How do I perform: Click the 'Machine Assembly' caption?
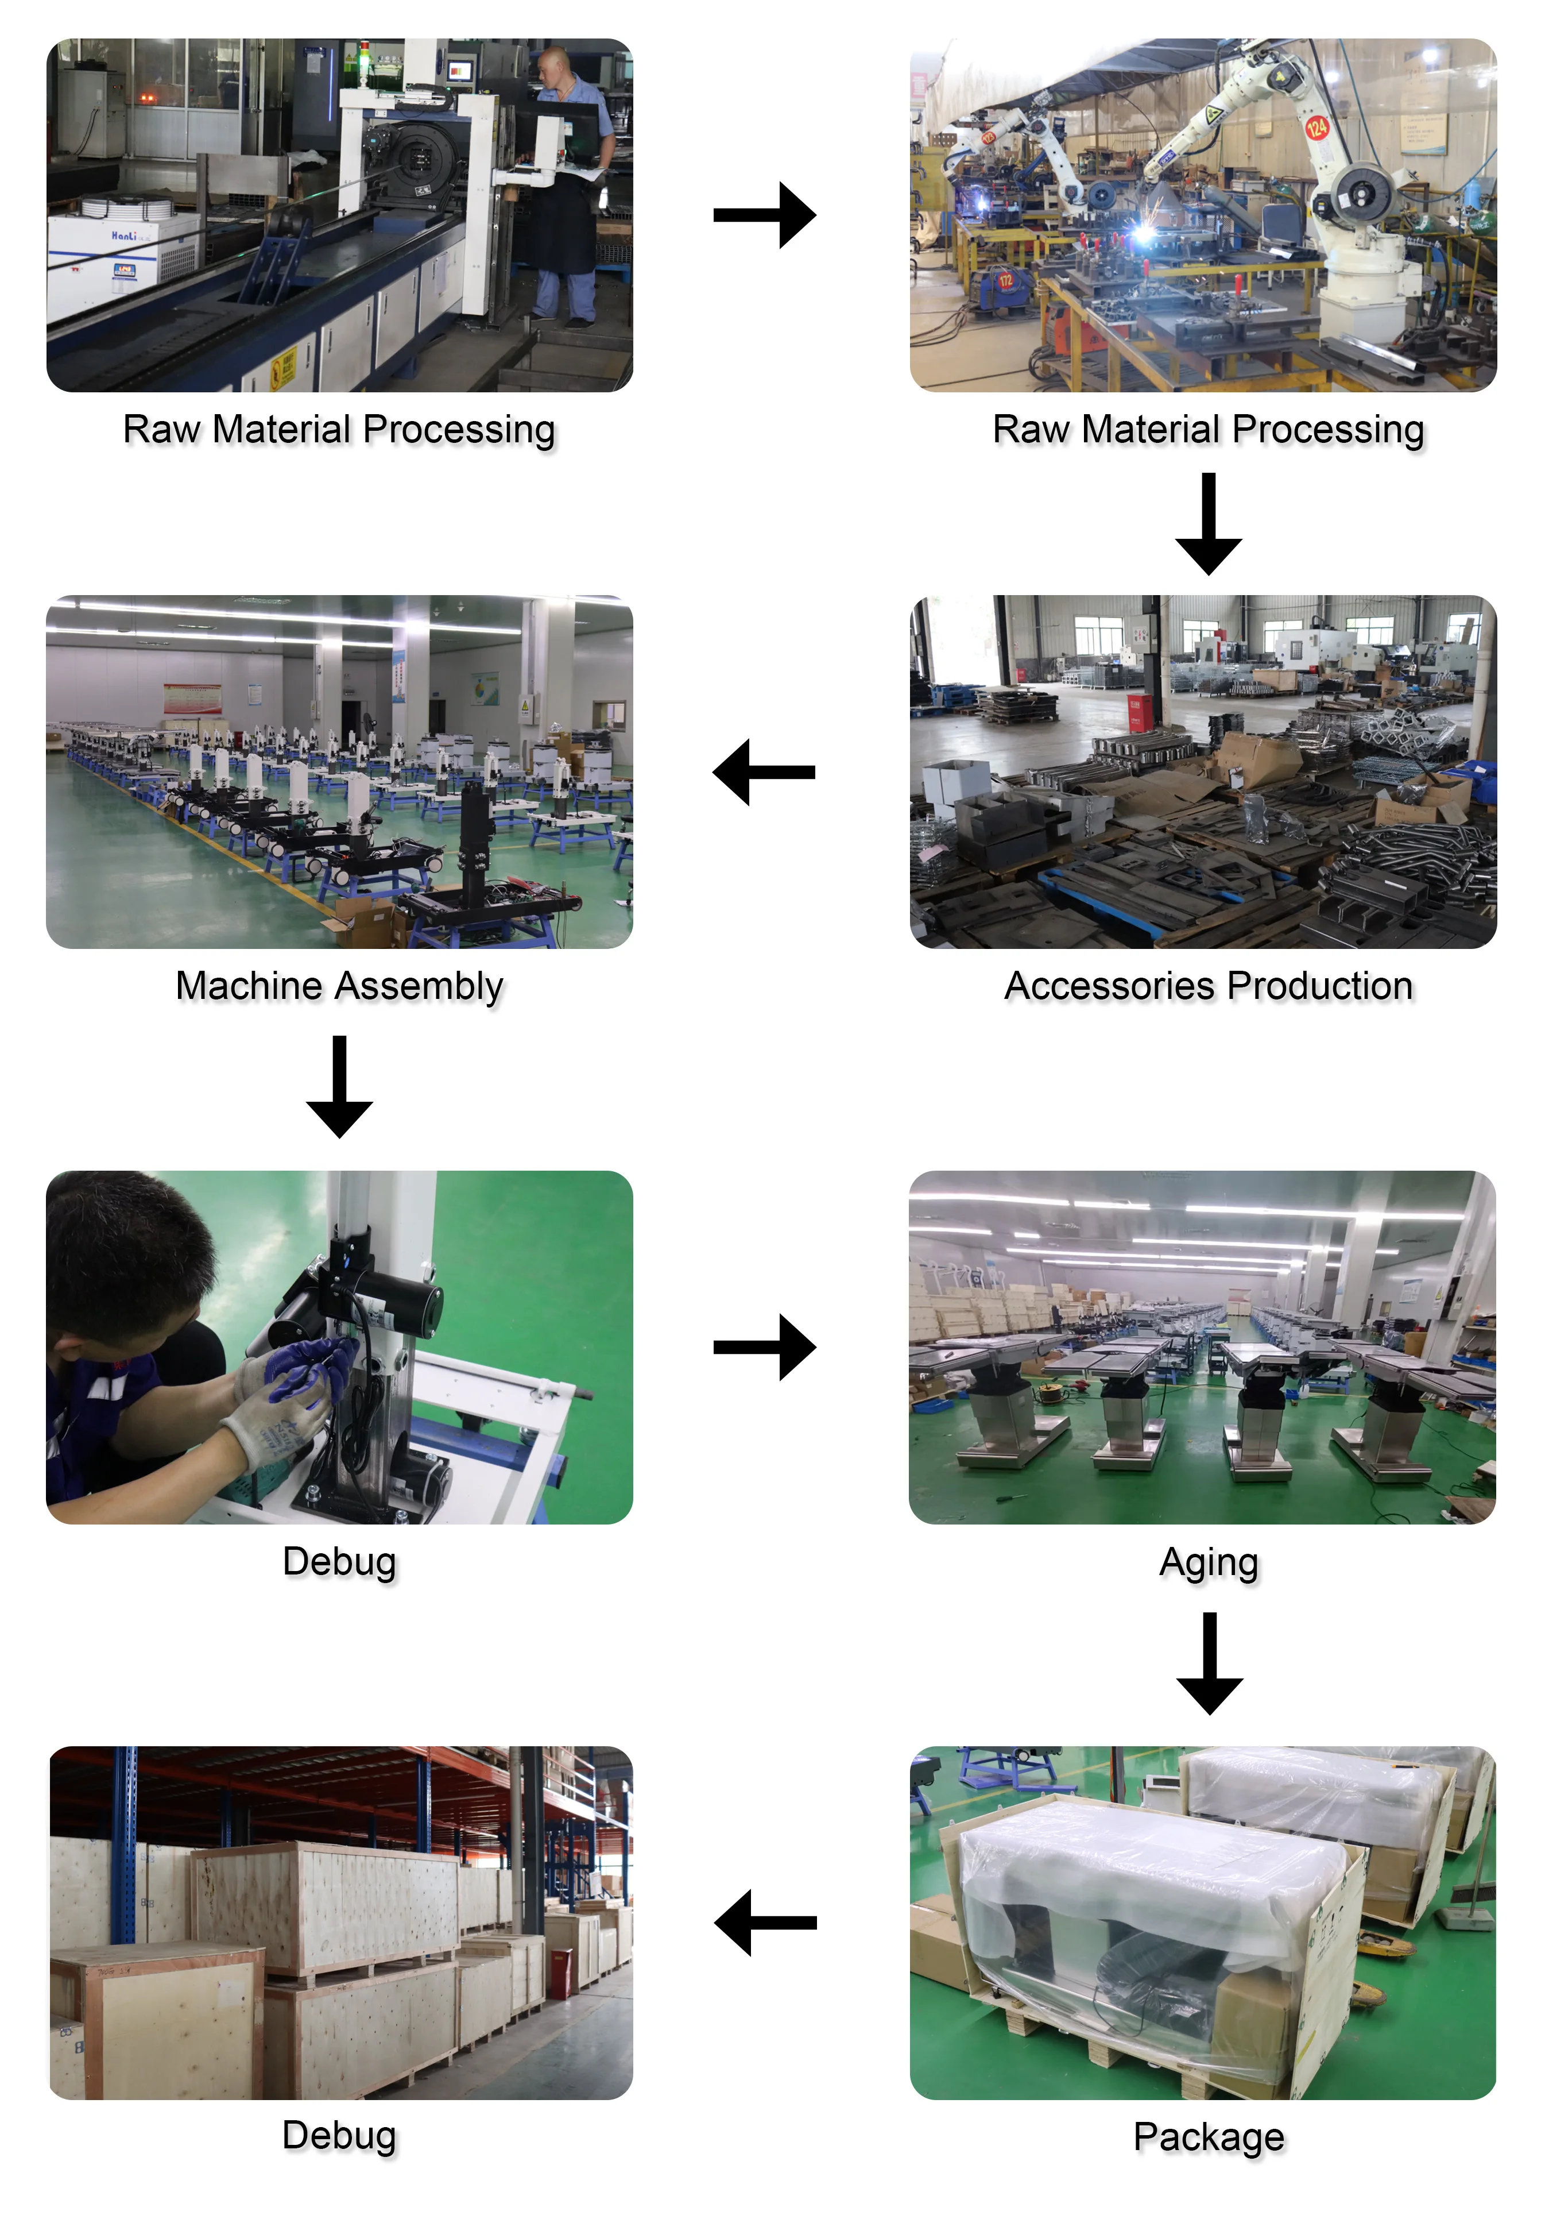pyautogui.click(x=339, y=986)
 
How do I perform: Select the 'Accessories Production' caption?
pyautogui.click(x=1208, y=986)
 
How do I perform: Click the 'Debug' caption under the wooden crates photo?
pyautogui.click(x=339, y=2135)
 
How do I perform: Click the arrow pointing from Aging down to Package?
pyautogui.click(x=1209, y=1664)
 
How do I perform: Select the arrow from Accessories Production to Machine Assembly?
pyautogui.click(x=764, y=772)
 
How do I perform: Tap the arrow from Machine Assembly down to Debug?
pyautogui.click(x=339, y=1086)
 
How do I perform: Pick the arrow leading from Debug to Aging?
pyautogui.click(x=764, y=1347)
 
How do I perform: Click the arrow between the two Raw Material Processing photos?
pyautogui.click(x=764, y=215)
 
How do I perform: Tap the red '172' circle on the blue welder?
pyautogui.click(x=1006, y=280)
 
